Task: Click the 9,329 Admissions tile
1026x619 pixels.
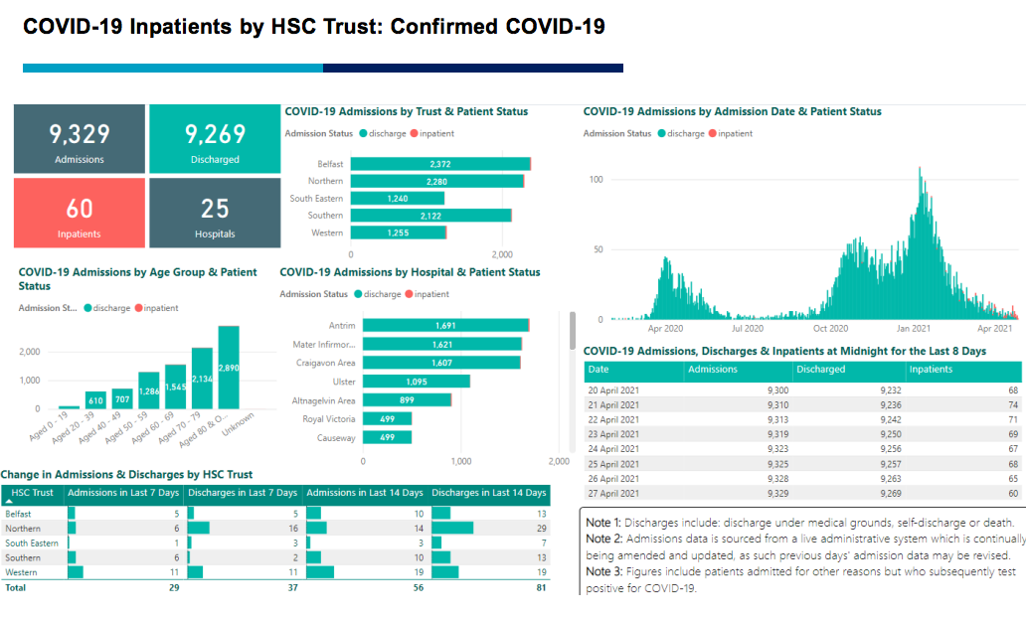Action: point(80,139)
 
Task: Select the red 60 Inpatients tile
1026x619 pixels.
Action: point(80,214)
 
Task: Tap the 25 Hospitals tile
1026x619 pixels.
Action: point(215,214)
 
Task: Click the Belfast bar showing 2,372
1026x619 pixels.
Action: point(440,164)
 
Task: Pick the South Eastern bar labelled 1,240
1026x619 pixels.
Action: point(398,199)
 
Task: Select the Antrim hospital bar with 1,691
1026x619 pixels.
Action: point(445,325)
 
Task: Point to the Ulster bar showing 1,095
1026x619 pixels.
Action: point(416,382)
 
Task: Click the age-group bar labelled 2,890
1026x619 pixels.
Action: point(229,368)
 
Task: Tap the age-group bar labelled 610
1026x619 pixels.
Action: point(95,400)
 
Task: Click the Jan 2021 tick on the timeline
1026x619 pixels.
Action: point(913,328)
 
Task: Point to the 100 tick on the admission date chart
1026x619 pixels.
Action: point(597,179)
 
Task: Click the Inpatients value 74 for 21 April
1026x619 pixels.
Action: point(1013,405)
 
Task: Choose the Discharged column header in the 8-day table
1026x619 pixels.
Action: point(820,370)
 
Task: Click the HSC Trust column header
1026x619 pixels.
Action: point(33,493)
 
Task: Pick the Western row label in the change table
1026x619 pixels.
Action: point(21,572)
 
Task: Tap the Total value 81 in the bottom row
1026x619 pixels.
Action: point(540,587)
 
